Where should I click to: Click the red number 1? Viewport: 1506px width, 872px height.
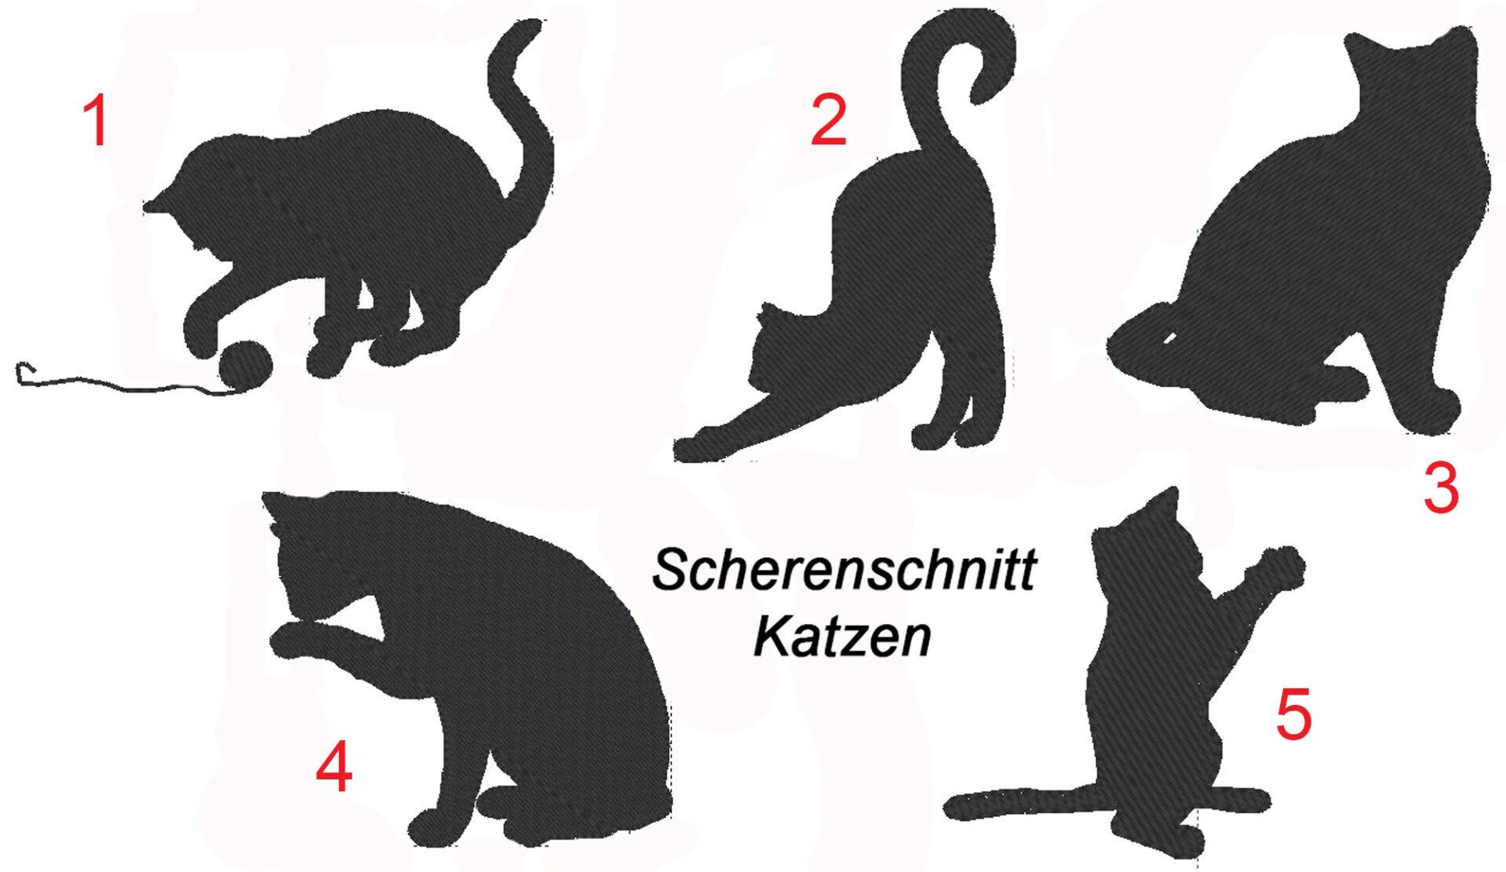(96, 122)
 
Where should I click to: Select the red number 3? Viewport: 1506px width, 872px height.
(1441, 488)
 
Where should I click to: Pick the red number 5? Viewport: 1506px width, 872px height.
(1293, 715)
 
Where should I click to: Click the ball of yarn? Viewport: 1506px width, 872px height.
(245, 366)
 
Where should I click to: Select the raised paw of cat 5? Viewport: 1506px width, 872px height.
(1281, 566)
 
